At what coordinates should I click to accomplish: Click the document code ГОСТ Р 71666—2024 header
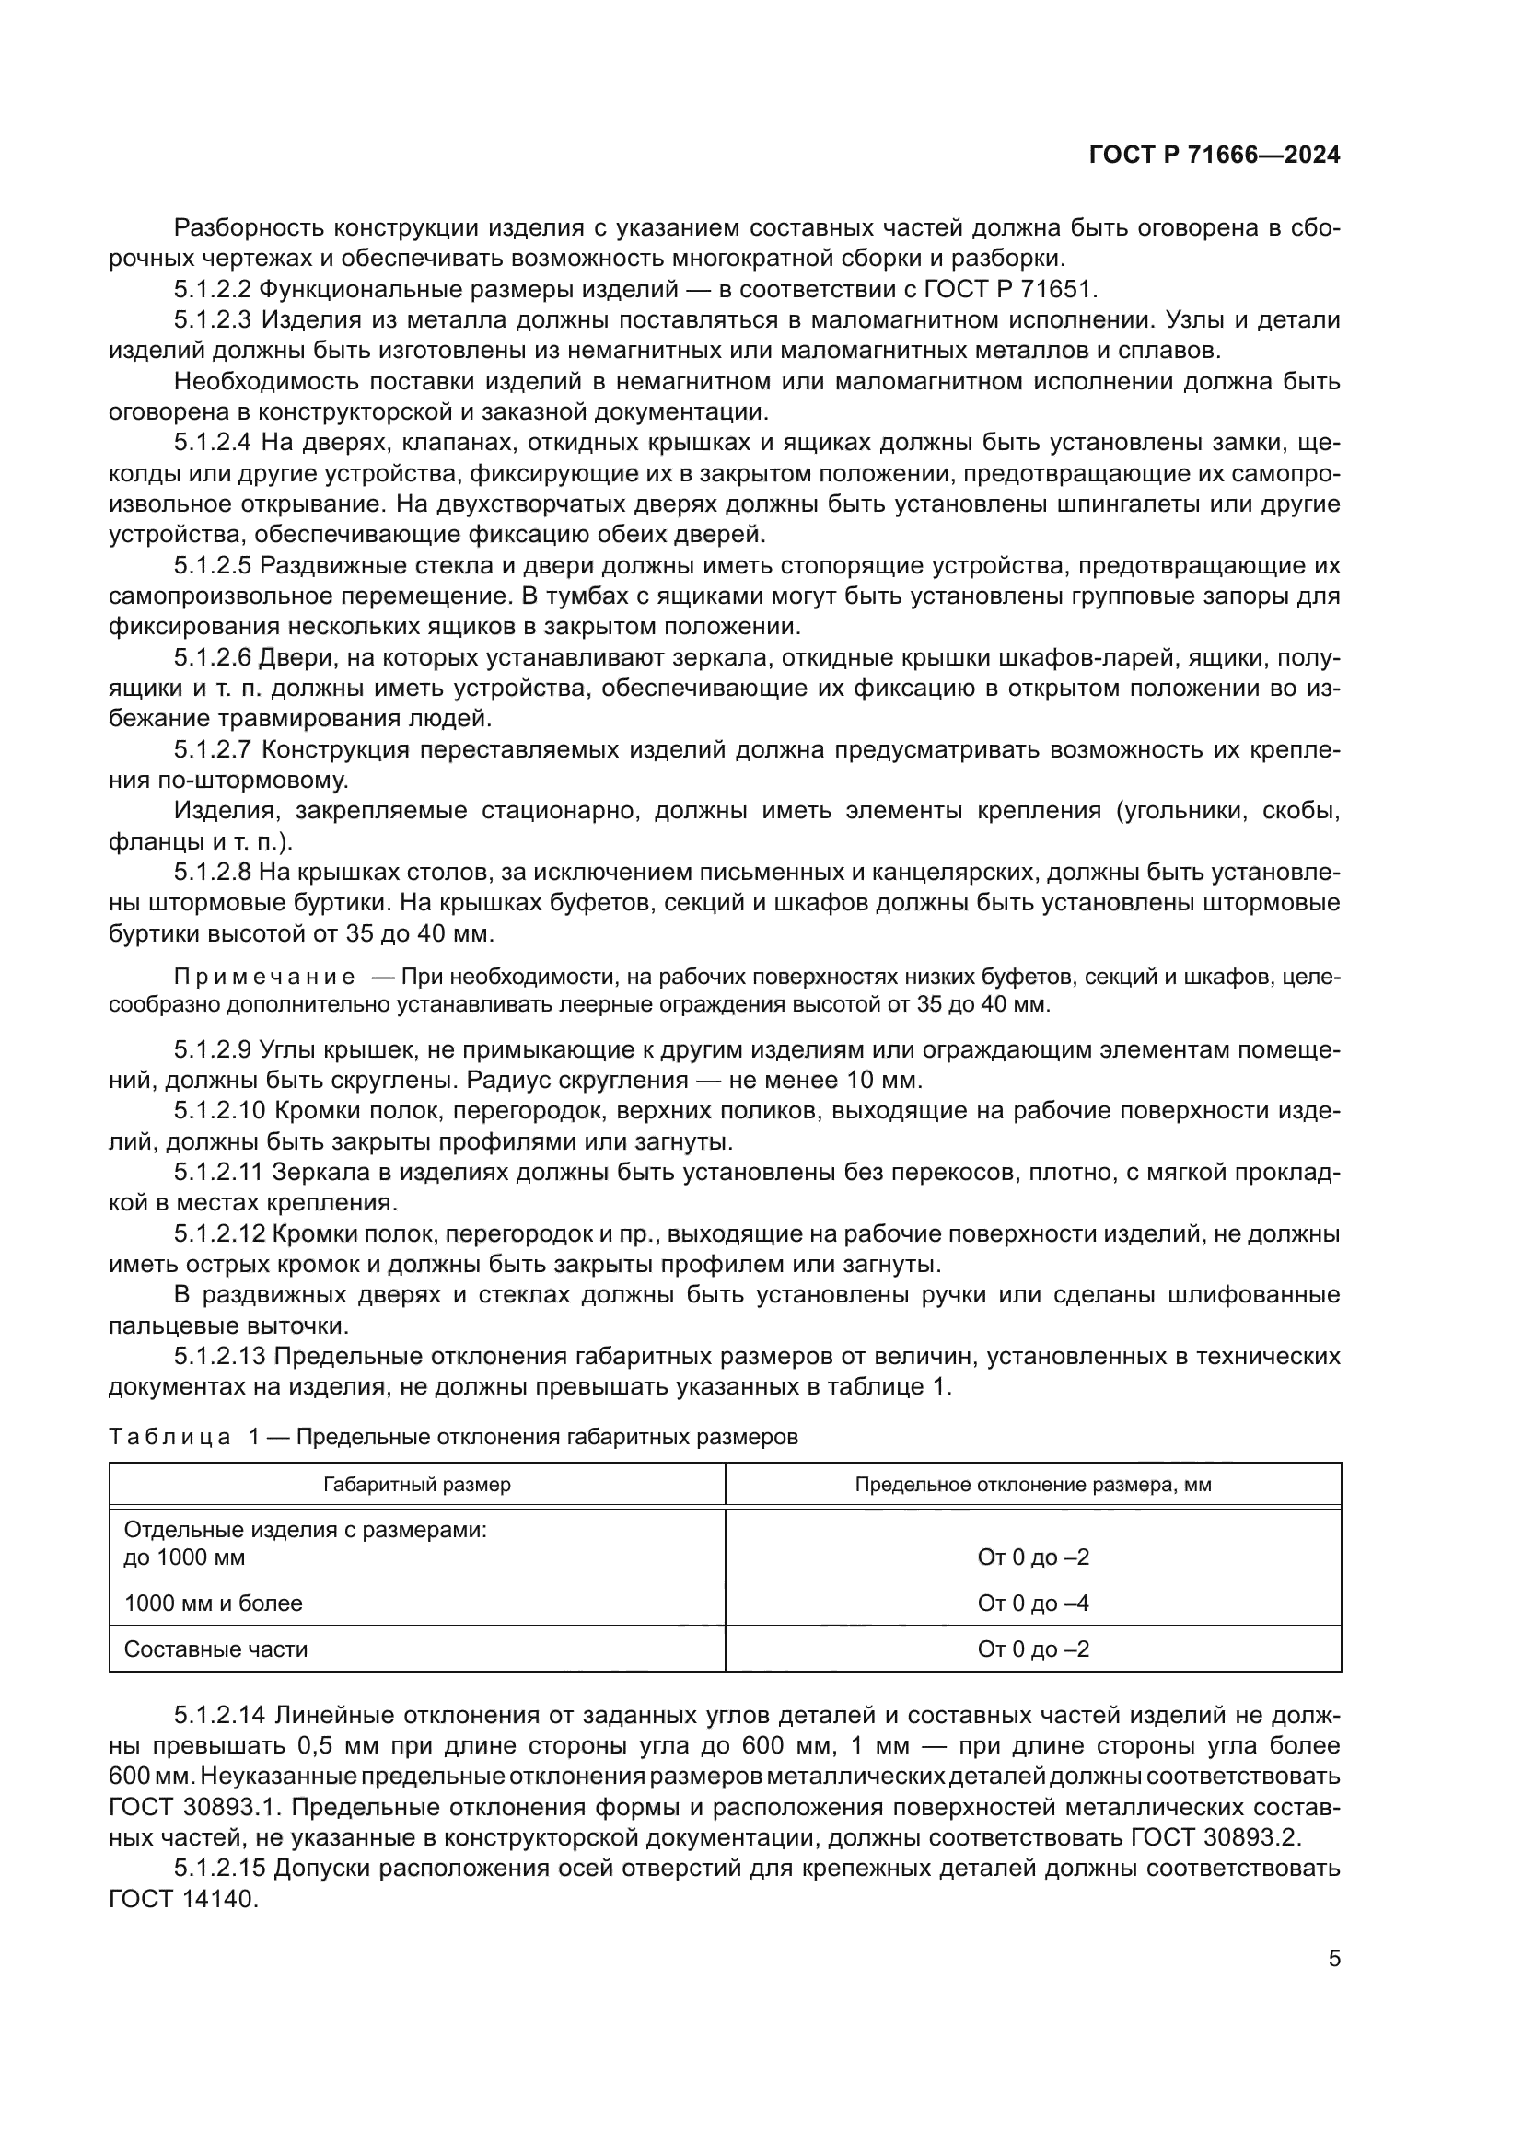pos(1214,156)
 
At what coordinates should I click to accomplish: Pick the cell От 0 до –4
pos(1033,1603)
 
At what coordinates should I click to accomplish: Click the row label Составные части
pos(215,1649)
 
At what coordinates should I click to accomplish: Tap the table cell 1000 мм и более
pos(213,1603)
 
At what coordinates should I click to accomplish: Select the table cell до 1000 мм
pos(185,1557)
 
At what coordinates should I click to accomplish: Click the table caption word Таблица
pos(169,1438)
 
